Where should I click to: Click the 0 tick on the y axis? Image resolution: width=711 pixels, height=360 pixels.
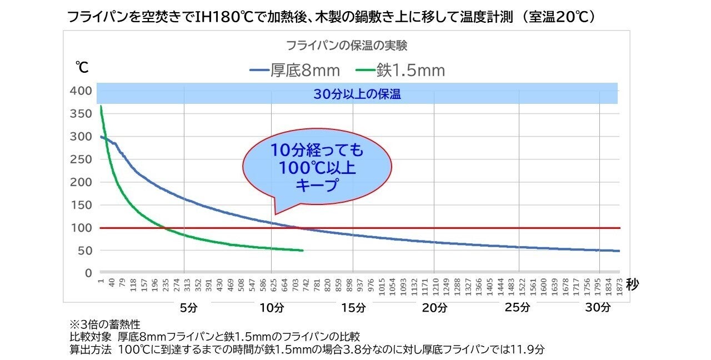(x=88, y=273)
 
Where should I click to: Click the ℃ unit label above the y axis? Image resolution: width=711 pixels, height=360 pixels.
(x=82, y=68)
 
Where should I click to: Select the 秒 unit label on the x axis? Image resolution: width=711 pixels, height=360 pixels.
(x=633, y=285)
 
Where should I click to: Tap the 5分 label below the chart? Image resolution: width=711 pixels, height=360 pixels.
(x=189, y=307)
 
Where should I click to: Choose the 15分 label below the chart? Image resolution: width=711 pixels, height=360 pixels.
(x=354, y=307)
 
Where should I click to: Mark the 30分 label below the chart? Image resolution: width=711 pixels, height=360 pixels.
(x=598, y=307)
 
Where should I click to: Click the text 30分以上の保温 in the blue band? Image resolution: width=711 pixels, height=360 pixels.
(x=357, y=94)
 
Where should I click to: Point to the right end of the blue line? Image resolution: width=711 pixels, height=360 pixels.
(x=619, y=251)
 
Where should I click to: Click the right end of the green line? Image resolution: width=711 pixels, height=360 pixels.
(x=303, y=251)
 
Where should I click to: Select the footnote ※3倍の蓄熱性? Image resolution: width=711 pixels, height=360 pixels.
(x=104, y=323)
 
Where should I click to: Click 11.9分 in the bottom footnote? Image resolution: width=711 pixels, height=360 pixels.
(x=530, y=350)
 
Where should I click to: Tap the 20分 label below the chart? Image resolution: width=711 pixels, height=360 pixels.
(x=434, y=307)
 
